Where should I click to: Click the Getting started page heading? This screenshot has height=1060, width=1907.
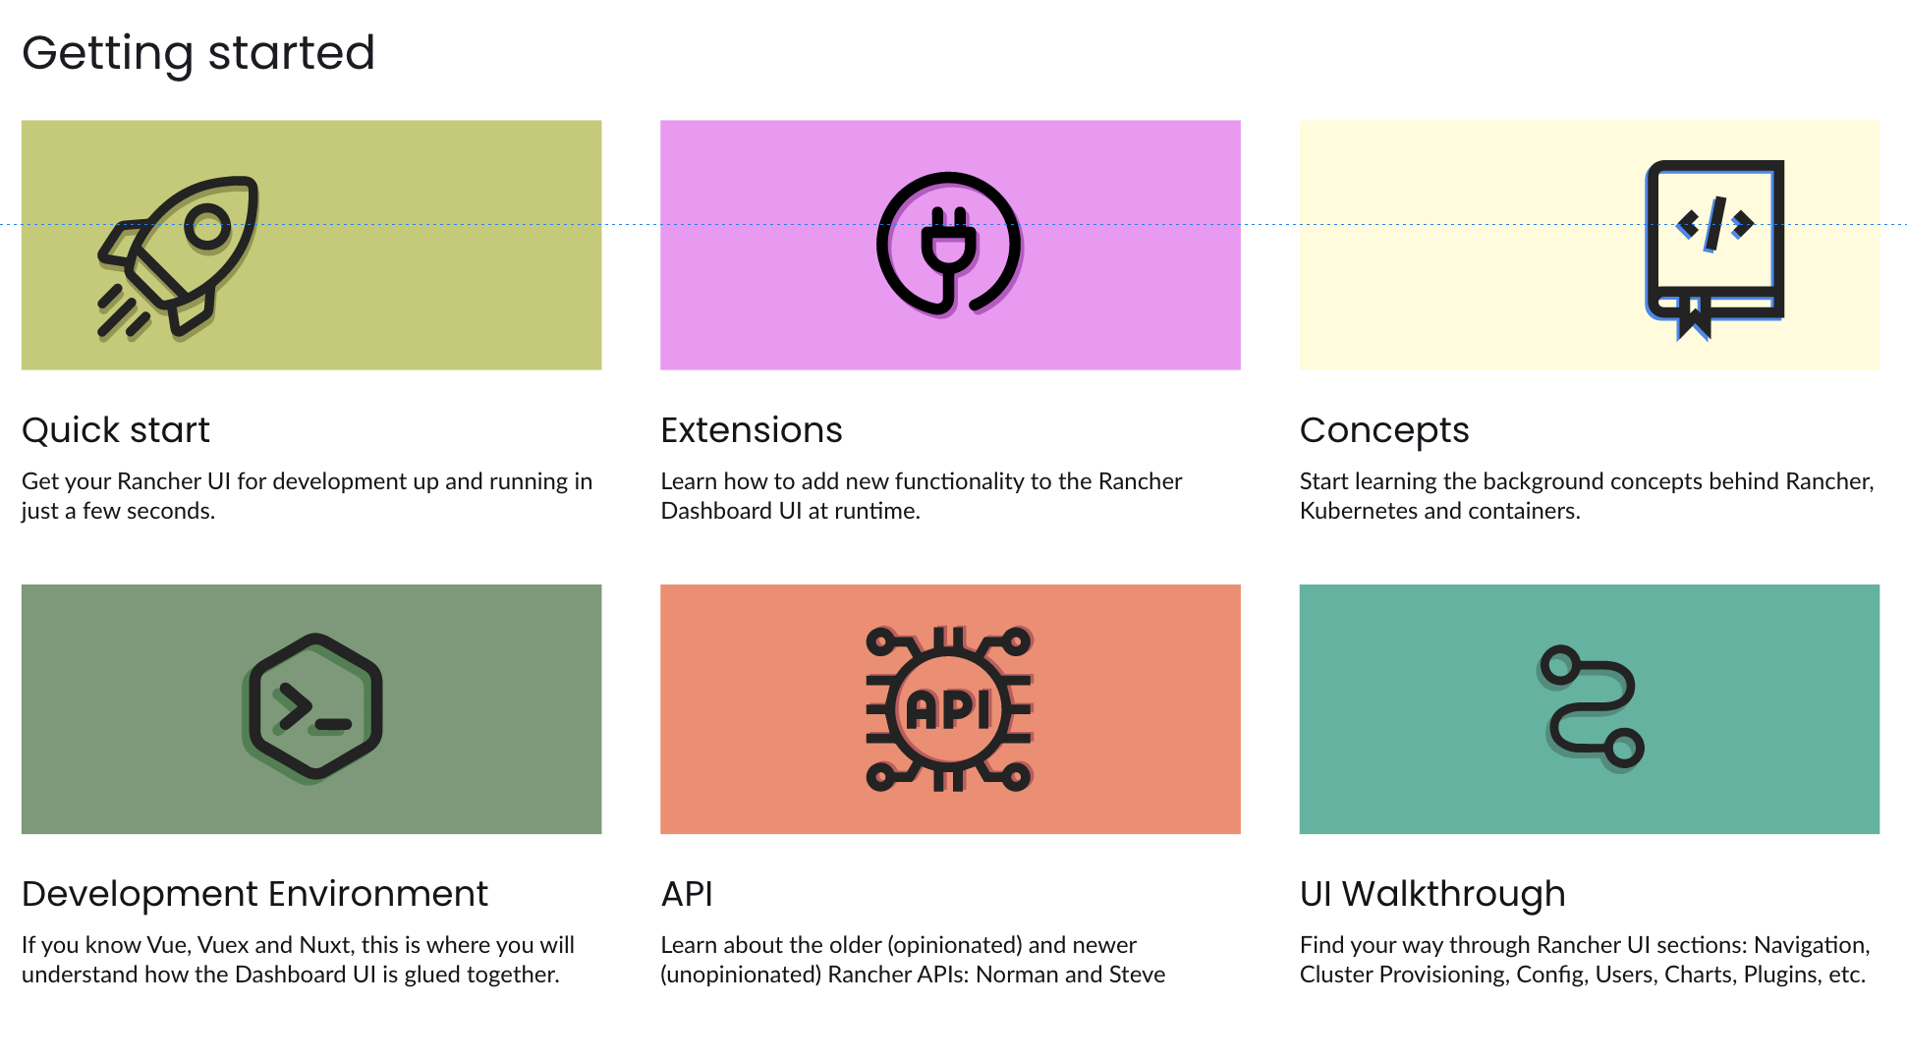click(x=198, y=53)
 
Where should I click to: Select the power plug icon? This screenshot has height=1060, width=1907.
click(x=949, y=245)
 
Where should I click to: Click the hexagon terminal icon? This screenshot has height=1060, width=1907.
click(x=313, y=707)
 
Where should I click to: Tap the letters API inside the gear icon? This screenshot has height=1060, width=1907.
click(x=948, y=709)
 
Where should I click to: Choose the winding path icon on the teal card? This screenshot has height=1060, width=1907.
click(x=1591, y=706)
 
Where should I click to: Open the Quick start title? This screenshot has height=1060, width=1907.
click(x=116, y=430)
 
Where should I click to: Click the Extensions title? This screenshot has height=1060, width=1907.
click(x=752, y=430)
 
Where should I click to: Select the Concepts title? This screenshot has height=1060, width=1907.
click(x=1384, y=430)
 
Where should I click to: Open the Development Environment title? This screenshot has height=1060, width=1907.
click(x=254, y=894)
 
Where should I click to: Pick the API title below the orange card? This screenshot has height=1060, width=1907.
click(x=687, y=894)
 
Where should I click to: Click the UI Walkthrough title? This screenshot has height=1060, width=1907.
click(x=1432, y=894)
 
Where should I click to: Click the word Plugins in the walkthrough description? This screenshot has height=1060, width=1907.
click(x=1779, y=975)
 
